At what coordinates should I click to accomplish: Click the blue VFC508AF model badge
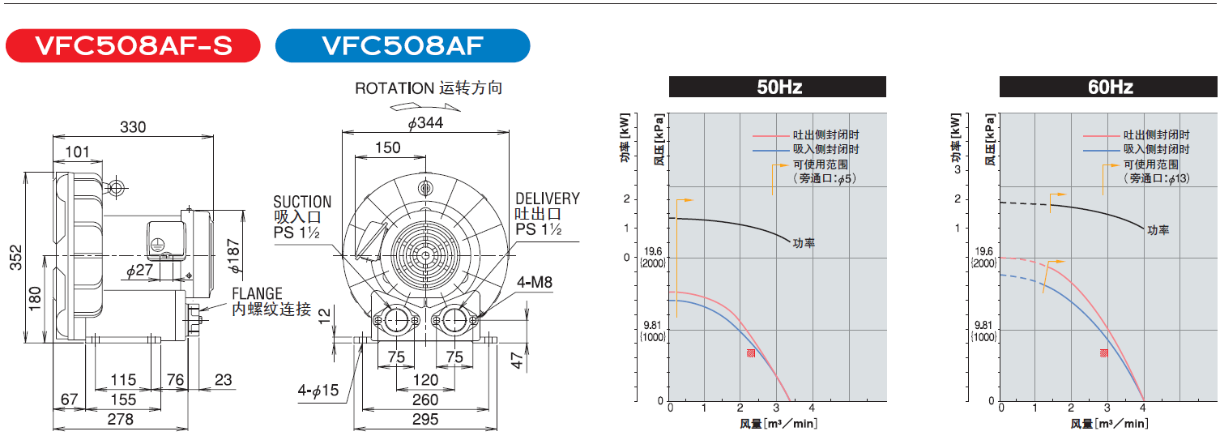pyautogui.click(x=403, y=46)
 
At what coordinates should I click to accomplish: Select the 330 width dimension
pyautogui.click(x=133, y=126)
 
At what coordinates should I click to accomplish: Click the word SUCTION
pyautogui.click(x=302, y=202)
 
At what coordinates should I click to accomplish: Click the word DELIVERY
pyautogui.click(x=548, y=199)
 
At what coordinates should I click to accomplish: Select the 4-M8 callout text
pyautogui.click(x=535, y=282)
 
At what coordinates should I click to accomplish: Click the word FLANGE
pyautogui.click(x=257, y=293)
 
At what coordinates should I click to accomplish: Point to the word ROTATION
pyautogui.click(x=395, y=88)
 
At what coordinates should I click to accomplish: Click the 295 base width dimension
pyautogui.click(x=424, y=419)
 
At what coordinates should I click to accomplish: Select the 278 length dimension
pyautogui.click(x=120, y=419)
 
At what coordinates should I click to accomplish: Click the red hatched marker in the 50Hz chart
pyautogui.click(x=751, y=353)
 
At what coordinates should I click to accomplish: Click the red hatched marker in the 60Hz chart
pyautogui.click(x=1103, y=352)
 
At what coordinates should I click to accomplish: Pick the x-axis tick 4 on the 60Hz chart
pyautogui.click(x=1143, y=408)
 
